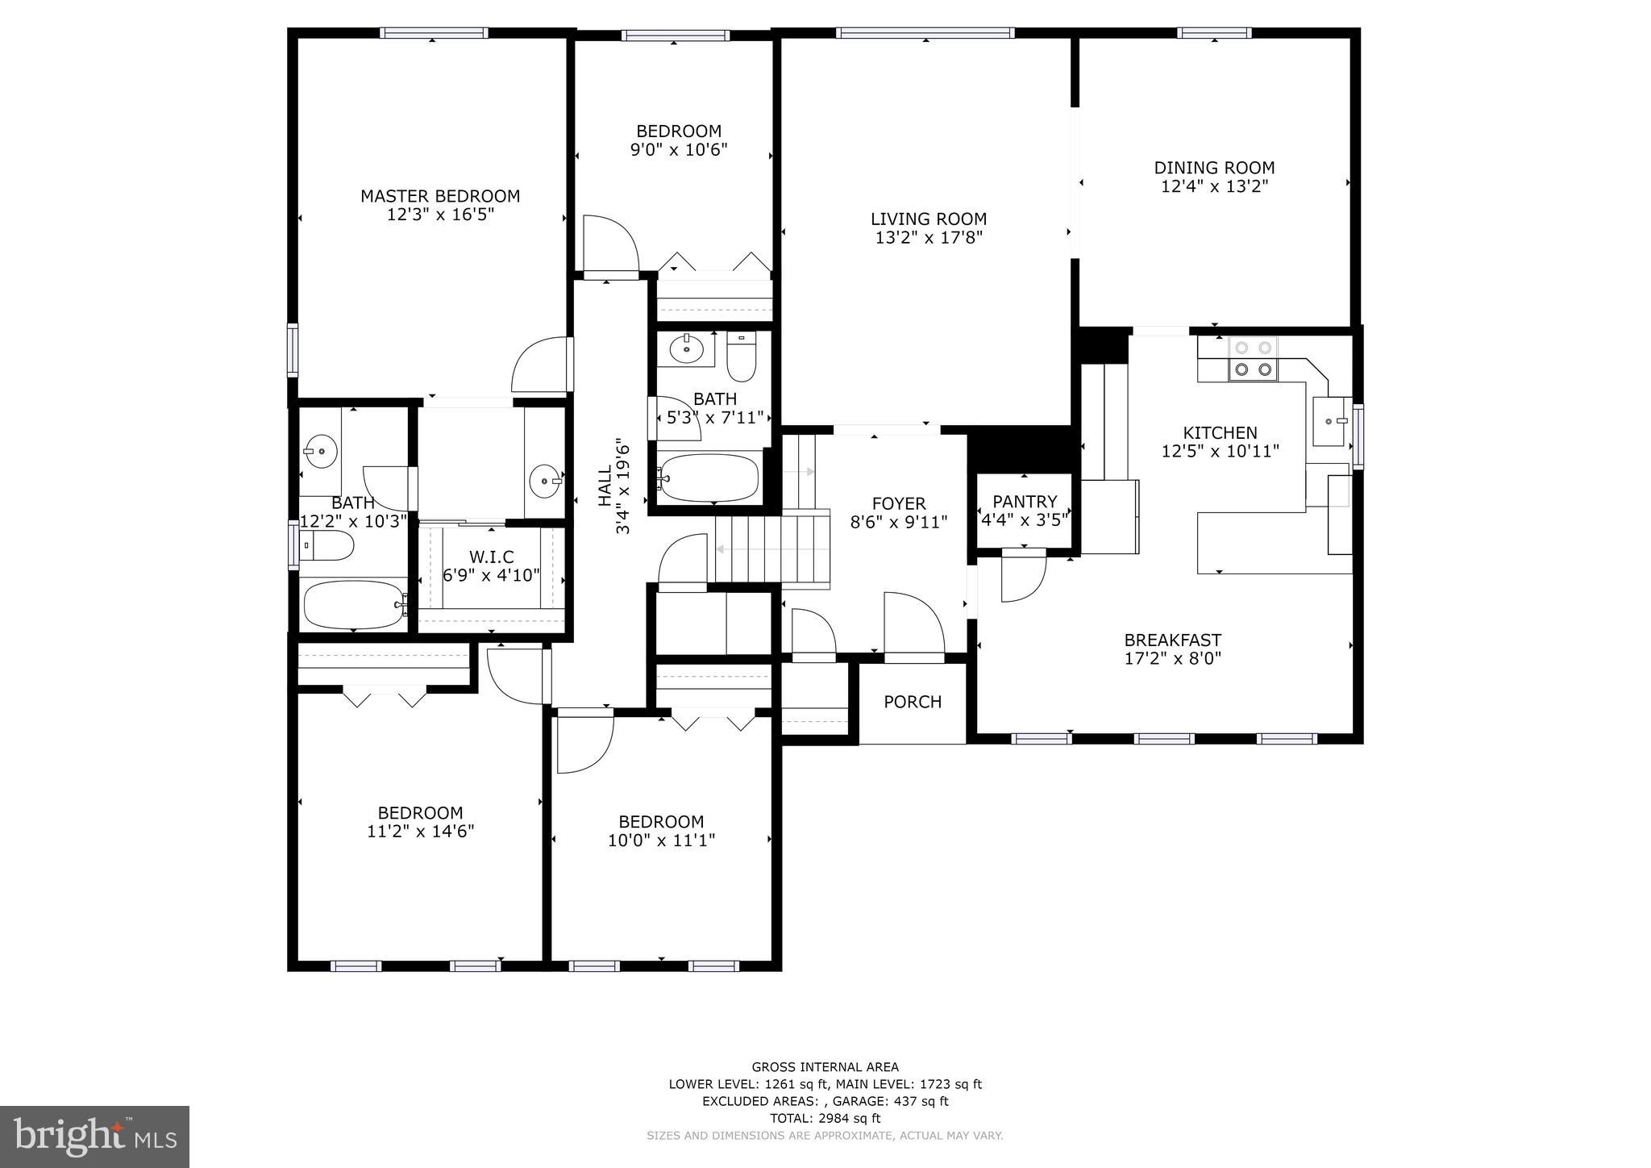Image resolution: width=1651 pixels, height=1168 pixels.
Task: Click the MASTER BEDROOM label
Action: pos(439,196)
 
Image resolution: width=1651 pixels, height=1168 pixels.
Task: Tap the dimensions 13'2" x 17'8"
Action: pos(928,238)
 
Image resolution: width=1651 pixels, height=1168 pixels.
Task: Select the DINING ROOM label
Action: pos(1214,168)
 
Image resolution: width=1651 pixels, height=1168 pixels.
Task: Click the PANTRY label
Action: pos(1024,502)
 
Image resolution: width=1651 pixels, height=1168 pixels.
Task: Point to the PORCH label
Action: pos(913,702)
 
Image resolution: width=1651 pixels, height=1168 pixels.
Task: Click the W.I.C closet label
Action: pos(491,557)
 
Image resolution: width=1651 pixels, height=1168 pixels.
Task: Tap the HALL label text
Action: pos(605,487)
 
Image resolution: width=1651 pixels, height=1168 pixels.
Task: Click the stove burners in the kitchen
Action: pos(1253,359)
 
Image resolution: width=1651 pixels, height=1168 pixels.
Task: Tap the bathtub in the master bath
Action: pos(352,605)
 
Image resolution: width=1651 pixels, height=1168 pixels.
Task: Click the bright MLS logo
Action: pos(94,1137)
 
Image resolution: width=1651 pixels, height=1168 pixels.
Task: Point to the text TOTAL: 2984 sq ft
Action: pos(825,1118)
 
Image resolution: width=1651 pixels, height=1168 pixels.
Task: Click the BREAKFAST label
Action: pos(1172,640)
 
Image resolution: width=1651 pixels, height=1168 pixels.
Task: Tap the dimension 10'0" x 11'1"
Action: pos(661,841)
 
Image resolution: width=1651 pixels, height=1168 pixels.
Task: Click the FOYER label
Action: pos(898,503)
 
